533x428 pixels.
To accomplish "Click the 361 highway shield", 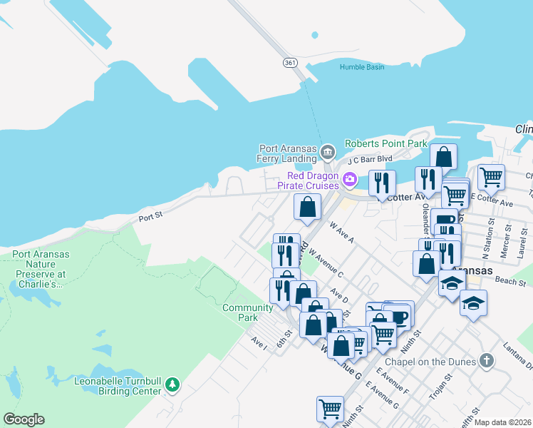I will (289, 63).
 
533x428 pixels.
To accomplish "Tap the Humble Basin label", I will (362, 67).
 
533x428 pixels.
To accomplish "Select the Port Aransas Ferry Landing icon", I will (327, 151).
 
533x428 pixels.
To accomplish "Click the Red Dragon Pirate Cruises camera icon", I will (350, 178).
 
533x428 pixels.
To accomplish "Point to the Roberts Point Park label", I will (385, 143).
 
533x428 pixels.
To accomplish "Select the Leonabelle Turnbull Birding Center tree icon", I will (172, 385).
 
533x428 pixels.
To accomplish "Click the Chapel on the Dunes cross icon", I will (487, 360).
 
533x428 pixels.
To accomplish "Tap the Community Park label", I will (247, 312).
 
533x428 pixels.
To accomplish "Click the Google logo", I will (24, 419).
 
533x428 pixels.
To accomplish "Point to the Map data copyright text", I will (502, 422).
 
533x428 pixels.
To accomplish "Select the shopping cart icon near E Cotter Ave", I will (491, 178).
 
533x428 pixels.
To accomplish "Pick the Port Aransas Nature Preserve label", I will (38, 268).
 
